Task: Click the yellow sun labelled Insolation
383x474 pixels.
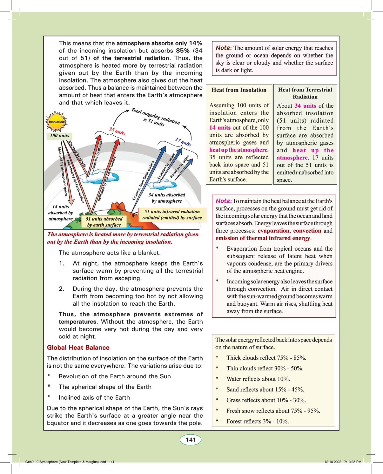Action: pos(56,122)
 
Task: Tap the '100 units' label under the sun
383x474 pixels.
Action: pos(59,136)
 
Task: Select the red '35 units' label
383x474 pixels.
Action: pos(117,131)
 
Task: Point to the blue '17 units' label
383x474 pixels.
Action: pos(183,142)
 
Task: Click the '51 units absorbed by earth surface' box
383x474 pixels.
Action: pos(104,222)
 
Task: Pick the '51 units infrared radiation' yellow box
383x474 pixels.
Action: pos(172,215)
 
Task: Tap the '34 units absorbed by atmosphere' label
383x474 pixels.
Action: pos(167,198)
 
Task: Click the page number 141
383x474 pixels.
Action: pos(191,440)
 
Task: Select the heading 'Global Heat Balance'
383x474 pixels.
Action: pos(78,348)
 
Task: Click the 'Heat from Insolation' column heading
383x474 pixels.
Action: pos(239,90)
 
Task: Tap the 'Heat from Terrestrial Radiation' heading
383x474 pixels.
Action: pos(305,93)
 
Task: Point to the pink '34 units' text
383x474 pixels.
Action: pos(305,106)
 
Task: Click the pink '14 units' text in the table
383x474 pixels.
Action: pos(220,128)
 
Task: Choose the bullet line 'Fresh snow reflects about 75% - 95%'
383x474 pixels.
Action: pos(273,411)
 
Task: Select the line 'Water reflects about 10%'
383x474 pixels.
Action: pos(258,379)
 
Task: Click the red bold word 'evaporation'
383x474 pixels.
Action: pos(273,231)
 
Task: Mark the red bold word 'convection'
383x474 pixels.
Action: pos(307,231)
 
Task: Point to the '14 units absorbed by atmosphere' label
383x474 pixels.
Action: pos(61,213)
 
